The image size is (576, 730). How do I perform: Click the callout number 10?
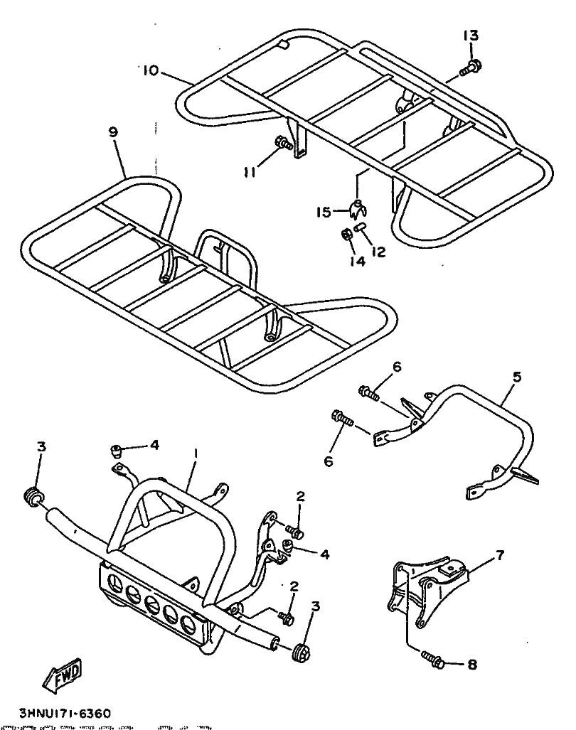pyautogui.click(x=151, y=70)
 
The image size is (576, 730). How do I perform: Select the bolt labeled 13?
pyautogui.click(x=469, y=68)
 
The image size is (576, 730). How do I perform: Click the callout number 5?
pyautogui.click(x=517, y=377)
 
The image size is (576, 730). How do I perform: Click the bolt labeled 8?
pyautogui.click(x=432, y=660)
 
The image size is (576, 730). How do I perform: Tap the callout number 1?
pyautogui.click(x=196, y=452)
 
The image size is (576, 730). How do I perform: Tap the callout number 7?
pyautogui.click(x=501, y=555)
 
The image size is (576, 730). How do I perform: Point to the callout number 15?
pyautogui.click(x=324, y=211)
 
